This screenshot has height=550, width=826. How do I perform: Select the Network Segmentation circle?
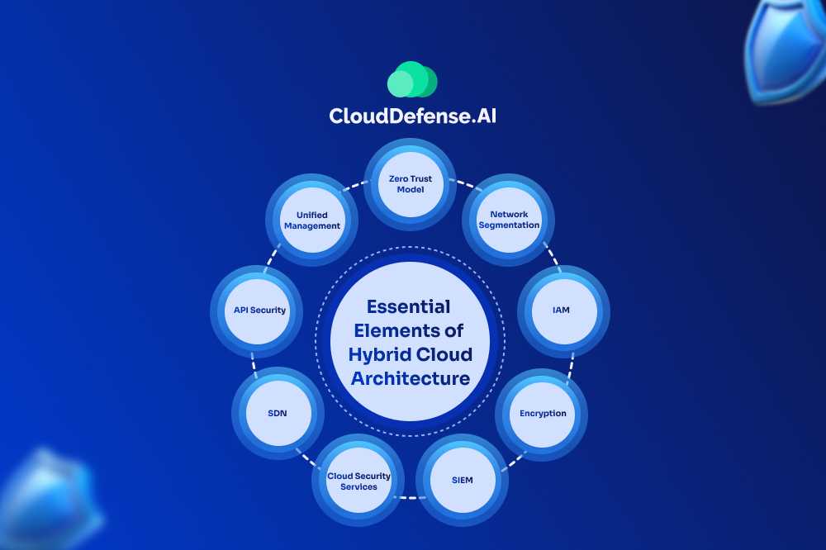coord(509,219)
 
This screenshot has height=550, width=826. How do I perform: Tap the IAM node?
coord(562,311)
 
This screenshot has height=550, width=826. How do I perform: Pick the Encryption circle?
coord(543,413)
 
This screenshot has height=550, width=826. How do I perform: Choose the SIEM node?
coord(463,479)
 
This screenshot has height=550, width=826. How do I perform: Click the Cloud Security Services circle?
coord(358,481)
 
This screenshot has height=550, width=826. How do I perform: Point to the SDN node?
coord(278,413)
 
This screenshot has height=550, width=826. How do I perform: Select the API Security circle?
coord(259,311)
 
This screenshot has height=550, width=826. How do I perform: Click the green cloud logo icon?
coord(412,80)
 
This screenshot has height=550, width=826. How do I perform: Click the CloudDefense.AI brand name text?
coord(412,116)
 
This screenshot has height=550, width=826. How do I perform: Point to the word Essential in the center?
coord(408,307)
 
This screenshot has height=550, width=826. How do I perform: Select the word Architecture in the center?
coord(411,379)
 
